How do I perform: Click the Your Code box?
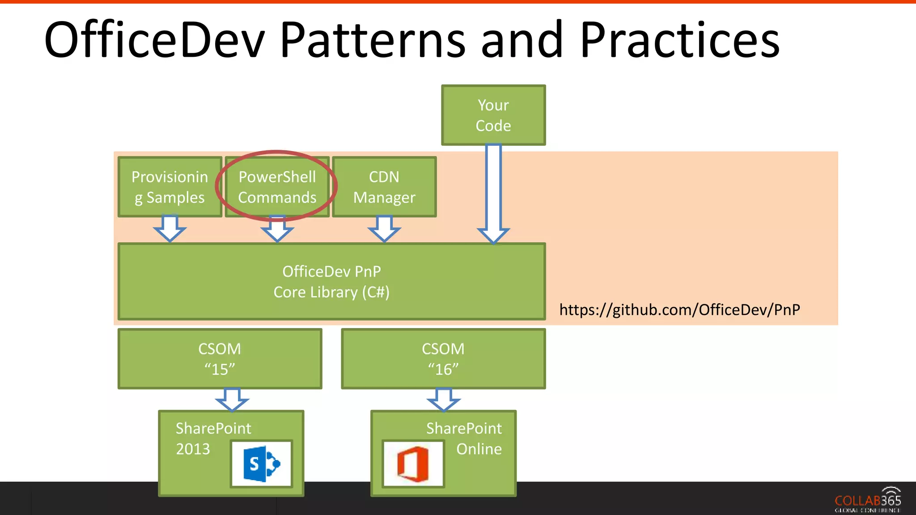click(x=493, y=115)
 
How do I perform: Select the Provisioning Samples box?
click(x=170, y=187)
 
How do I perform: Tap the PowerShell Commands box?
click(x=277, y=187)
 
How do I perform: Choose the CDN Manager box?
click(x=384, y=187)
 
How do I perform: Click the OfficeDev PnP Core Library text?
click(x=331, y=282)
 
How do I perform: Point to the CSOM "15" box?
click(x=220, y=359)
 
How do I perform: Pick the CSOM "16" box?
click(x=443, y=359)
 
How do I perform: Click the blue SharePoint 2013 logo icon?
click(x=262, y=464)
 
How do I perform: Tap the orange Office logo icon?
click(x=413, y=464)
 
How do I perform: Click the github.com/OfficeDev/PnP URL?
click(x=679, y=310)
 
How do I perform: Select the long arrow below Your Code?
click(x=493, y=192)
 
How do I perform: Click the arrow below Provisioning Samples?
click(x=170, y=228)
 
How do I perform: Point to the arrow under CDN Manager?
click(x=384, y=228)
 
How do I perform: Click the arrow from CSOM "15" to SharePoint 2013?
click(x=232, y=399)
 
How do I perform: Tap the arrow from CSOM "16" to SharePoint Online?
click(x=443, y=399)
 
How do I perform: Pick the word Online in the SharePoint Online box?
click(x=479, y=449)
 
